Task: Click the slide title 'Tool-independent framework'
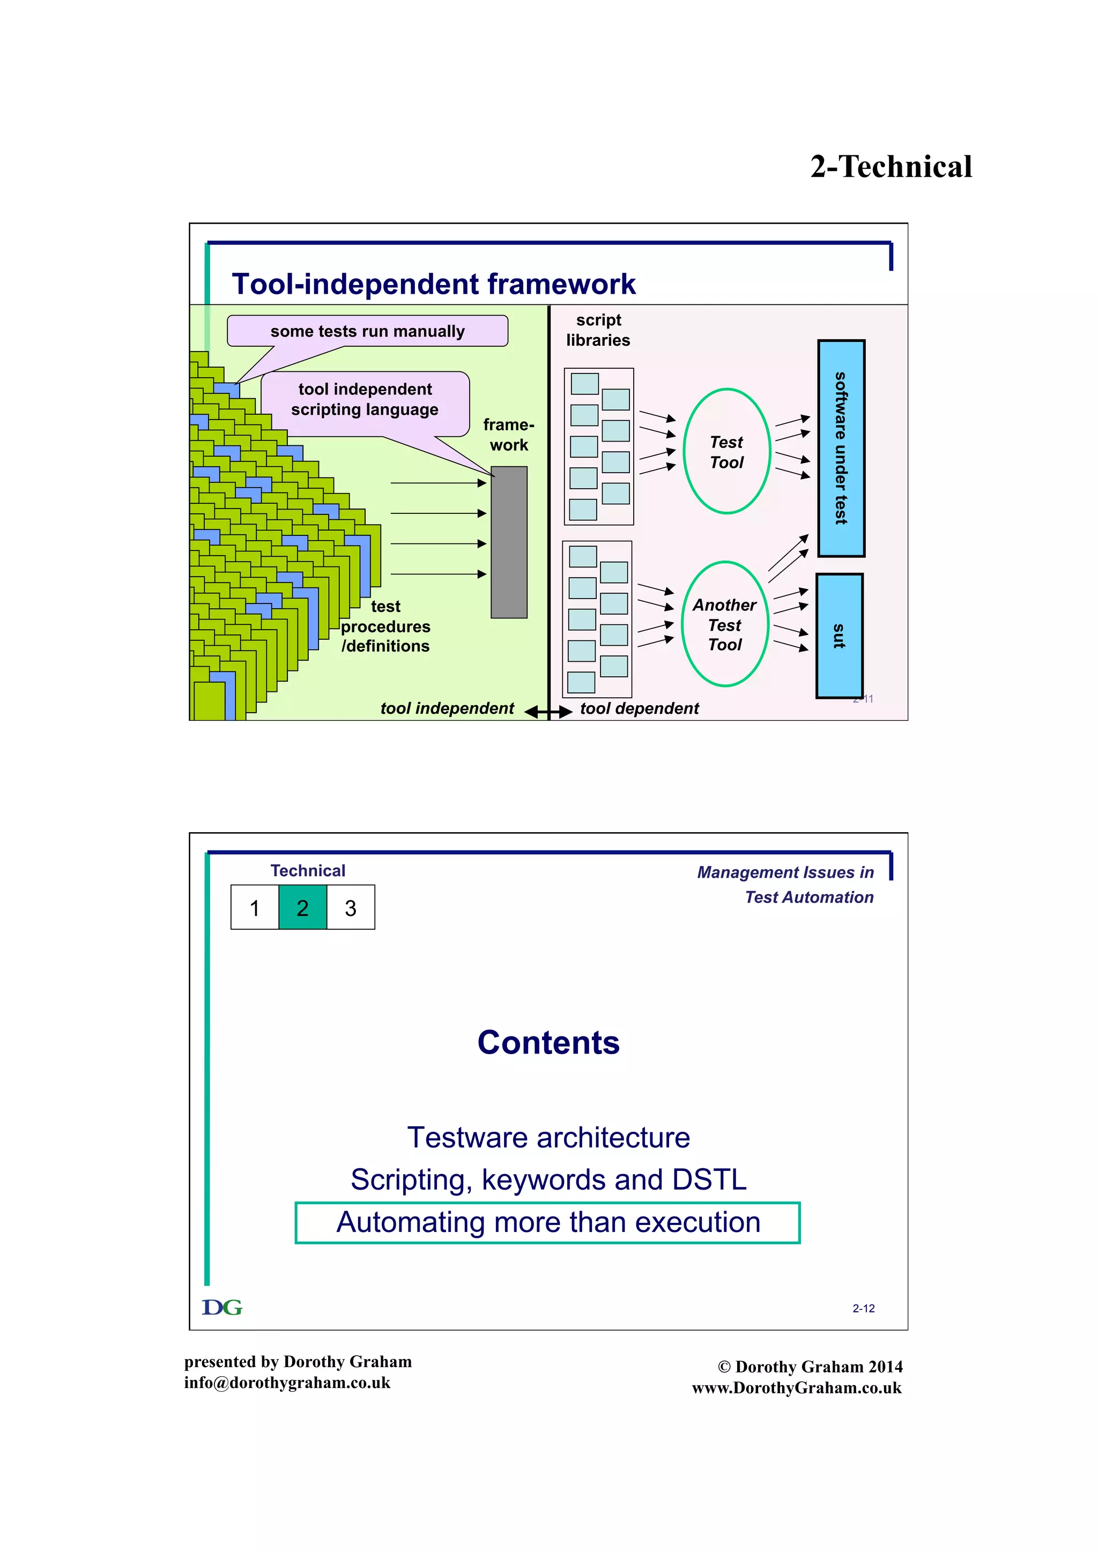433,284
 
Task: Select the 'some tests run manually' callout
367,331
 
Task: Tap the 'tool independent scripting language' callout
365,400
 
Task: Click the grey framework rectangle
509,542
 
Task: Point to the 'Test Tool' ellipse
726,451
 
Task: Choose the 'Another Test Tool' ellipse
724,624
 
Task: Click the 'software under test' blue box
841,449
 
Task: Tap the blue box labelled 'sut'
839,636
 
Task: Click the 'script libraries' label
598,330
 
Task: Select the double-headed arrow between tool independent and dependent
548,712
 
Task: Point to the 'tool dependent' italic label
639,708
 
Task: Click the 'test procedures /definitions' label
385,626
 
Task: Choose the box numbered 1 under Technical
254,908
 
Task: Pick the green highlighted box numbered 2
302,908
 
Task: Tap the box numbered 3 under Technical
351,908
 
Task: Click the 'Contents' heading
548,1042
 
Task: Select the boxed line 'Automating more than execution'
548,1222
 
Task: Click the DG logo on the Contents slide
222,1308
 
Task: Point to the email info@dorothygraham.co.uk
287,1383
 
